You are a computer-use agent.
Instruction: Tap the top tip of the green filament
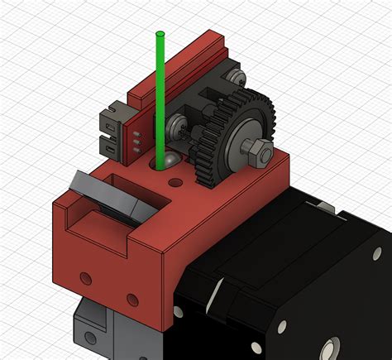160,34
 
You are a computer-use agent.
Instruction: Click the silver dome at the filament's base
168,159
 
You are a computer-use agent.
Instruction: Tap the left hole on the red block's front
84,276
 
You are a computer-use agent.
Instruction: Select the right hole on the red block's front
130,296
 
